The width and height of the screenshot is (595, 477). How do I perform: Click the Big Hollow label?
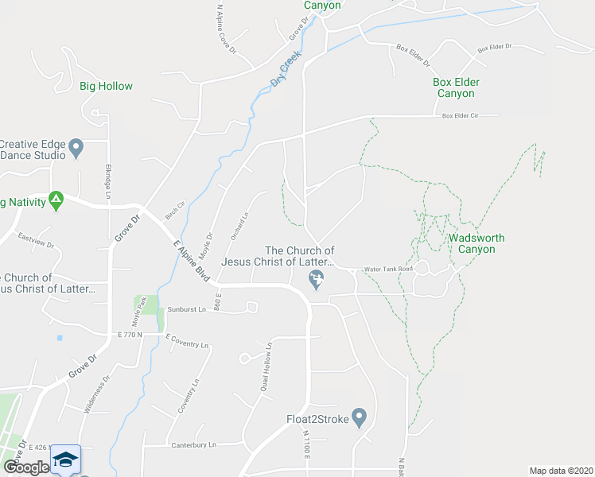106,86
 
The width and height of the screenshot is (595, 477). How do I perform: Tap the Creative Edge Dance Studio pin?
76,146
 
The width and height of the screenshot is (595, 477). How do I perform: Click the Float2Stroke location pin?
360,416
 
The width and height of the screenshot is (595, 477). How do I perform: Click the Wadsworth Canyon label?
476,243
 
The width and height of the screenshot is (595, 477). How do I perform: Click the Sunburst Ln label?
187,309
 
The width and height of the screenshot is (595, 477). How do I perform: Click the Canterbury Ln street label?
194,445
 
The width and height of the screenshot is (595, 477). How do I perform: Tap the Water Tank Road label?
389,270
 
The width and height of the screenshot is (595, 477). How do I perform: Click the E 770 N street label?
128,335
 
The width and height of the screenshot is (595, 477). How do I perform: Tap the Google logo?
26,467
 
